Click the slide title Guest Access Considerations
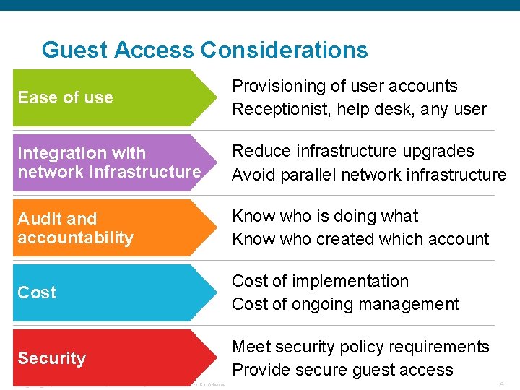click(204, 50)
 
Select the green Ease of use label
click(65, 97)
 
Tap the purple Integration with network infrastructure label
click(108, 162)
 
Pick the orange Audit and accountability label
click(75, 227)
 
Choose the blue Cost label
click(37, 292)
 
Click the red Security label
click(51, 358)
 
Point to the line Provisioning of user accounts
click(344, 86)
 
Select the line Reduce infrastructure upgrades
click(352, 151)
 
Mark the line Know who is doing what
click(325, 216)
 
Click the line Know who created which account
click(360, 239)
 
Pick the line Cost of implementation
click(320, 281)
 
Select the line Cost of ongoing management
click(345, 304)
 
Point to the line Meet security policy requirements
click(360, 347)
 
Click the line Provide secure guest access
click(342, 370)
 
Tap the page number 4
click(502, 383)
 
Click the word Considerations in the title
click(285, 50)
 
